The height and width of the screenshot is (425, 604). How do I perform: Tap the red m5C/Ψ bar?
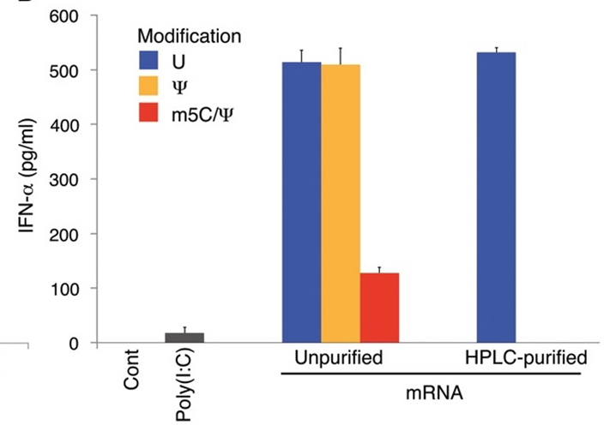pos(379,308)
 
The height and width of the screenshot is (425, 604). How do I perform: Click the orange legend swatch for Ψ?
pos(152,87)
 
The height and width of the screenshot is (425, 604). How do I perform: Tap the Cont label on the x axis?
pos(131,374)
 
